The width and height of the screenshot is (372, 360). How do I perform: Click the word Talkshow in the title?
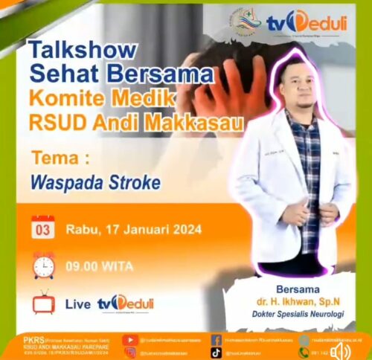[x=82, y=51]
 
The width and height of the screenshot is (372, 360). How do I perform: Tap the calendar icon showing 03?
[x=43, y=227]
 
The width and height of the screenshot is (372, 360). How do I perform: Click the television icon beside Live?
[x=44, y=303]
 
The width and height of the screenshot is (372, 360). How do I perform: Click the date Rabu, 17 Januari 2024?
[x=133, y=230]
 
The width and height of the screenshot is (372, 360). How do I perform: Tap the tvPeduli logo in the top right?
[x=306, y=23]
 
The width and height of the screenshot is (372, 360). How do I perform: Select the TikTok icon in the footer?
[x=216, y=353]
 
